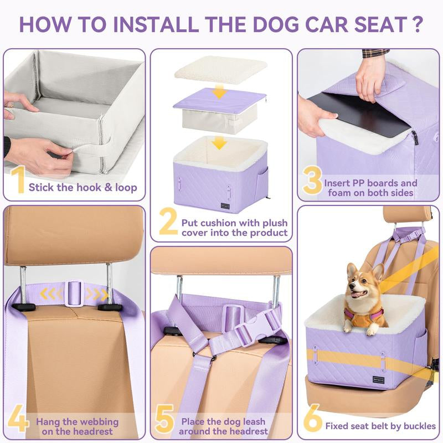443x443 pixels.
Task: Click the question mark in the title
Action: point(416,24)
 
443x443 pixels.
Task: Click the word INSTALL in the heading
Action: point(157,24)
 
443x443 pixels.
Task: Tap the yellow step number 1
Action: point(19,179)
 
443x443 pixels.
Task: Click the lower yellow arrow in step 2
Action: point(219,142)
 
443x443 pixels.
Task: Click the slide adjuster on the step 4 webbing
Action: point(74,293)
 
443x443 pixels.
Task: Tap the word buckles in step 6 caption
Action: point(420,426)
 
